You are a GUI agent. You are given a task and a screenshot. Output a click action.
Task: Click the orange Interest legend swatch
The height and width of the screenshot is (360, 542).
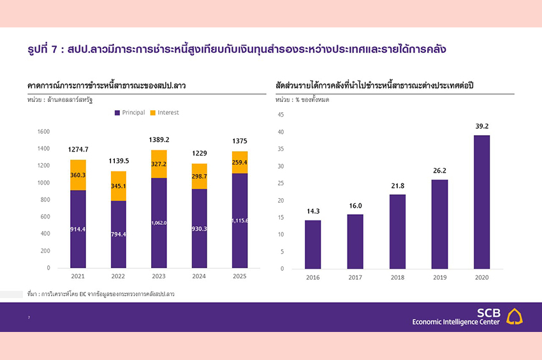click(153, 113)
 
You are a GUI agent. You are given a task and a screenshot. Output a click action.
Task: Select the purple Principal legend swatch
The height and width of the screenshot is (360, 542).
click(117, 113)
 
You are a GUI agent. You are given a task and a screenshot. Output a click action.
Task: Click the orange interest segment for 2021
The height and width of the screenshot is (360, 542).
click(78, 175)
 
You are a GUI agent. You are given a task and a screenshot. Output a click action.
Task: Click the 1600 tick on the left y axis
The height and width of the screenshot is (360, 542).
click(43, 132)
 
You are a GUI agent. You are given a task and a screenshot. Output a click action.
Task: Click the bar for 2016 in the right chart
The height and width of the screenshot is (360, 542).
click(312, 244)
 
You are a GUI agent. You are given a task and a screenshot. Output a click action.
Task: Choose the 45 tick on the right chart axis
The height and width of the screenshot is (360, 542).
click(280, 115)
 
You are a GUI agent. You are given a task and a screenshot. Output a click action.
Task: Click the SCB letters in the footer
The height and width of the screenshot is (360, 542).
click(489, 313)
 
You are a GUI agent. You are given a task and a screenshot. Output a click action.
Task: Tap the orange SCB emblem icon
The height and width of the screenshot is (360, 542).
click(515, 317)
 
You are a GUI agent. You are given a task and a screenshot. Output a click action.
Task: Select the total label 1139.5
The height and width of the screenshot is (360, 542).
click(117, 161)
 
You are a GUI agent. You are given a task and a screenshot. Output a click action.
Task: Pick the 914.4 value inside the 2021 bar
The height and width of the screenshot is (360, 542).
click(78, 229)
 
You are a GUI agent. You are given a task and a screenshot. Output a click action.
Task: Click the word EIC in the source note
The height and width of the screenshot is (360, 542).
click(83, 294)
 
